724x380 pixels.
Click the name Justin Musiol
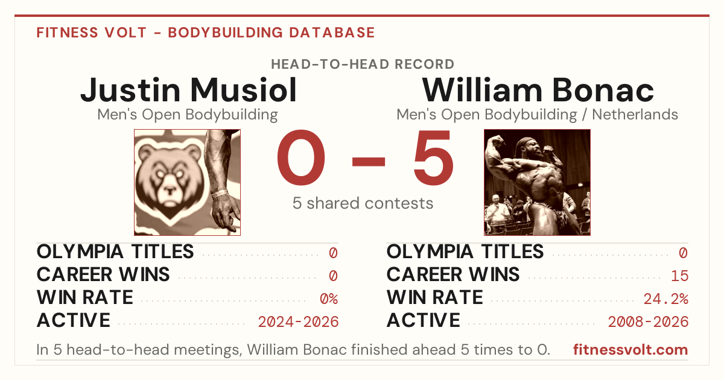pyautogui.click(x=188, y=90)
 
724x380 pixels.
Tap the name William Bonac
pyautogui.click(x=538, y=90)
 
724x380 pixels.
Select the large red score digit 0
pyautogui.click(x=301, y=157)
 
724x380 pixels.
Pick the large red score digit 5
pyautogui.click(x=433, y=157)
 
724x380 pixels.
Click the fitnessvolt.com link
pyautogui.click(x=630, y=350)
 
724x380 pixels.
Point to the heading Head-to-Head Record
pyautogui.click(x=363, y=65)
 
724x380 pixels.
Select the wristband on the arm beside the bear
pyautogui.click(x=220, y=194)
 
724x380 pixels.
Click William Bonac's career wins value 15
pyautogui.click(x=680, y=276)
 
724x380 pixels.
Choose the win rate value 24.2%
pyautogui.click(x=666, y=299)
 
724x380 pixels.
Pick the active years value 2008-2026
pyautogui.click(x=648, y=322)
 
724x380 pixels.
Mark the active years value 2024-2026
pyautogui.click(x=298, y=322)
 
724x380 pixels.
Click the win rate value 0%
pyautogui.click(x=329, y=299)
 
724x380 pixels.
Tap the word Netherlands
pyautogui.click(x=635, y=115)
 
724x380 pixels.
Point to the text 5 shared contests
pyautogui.click(x=363, y=203)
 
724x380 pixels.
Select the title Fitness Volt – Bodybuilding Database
pyautogui.click(x=206, y=33)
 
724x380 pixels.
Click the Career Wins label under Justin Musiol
pyautogui.click(x=103, y=274)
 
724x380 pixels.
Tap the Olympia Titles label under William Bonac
pyautogui.click(x=465, y=252)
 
